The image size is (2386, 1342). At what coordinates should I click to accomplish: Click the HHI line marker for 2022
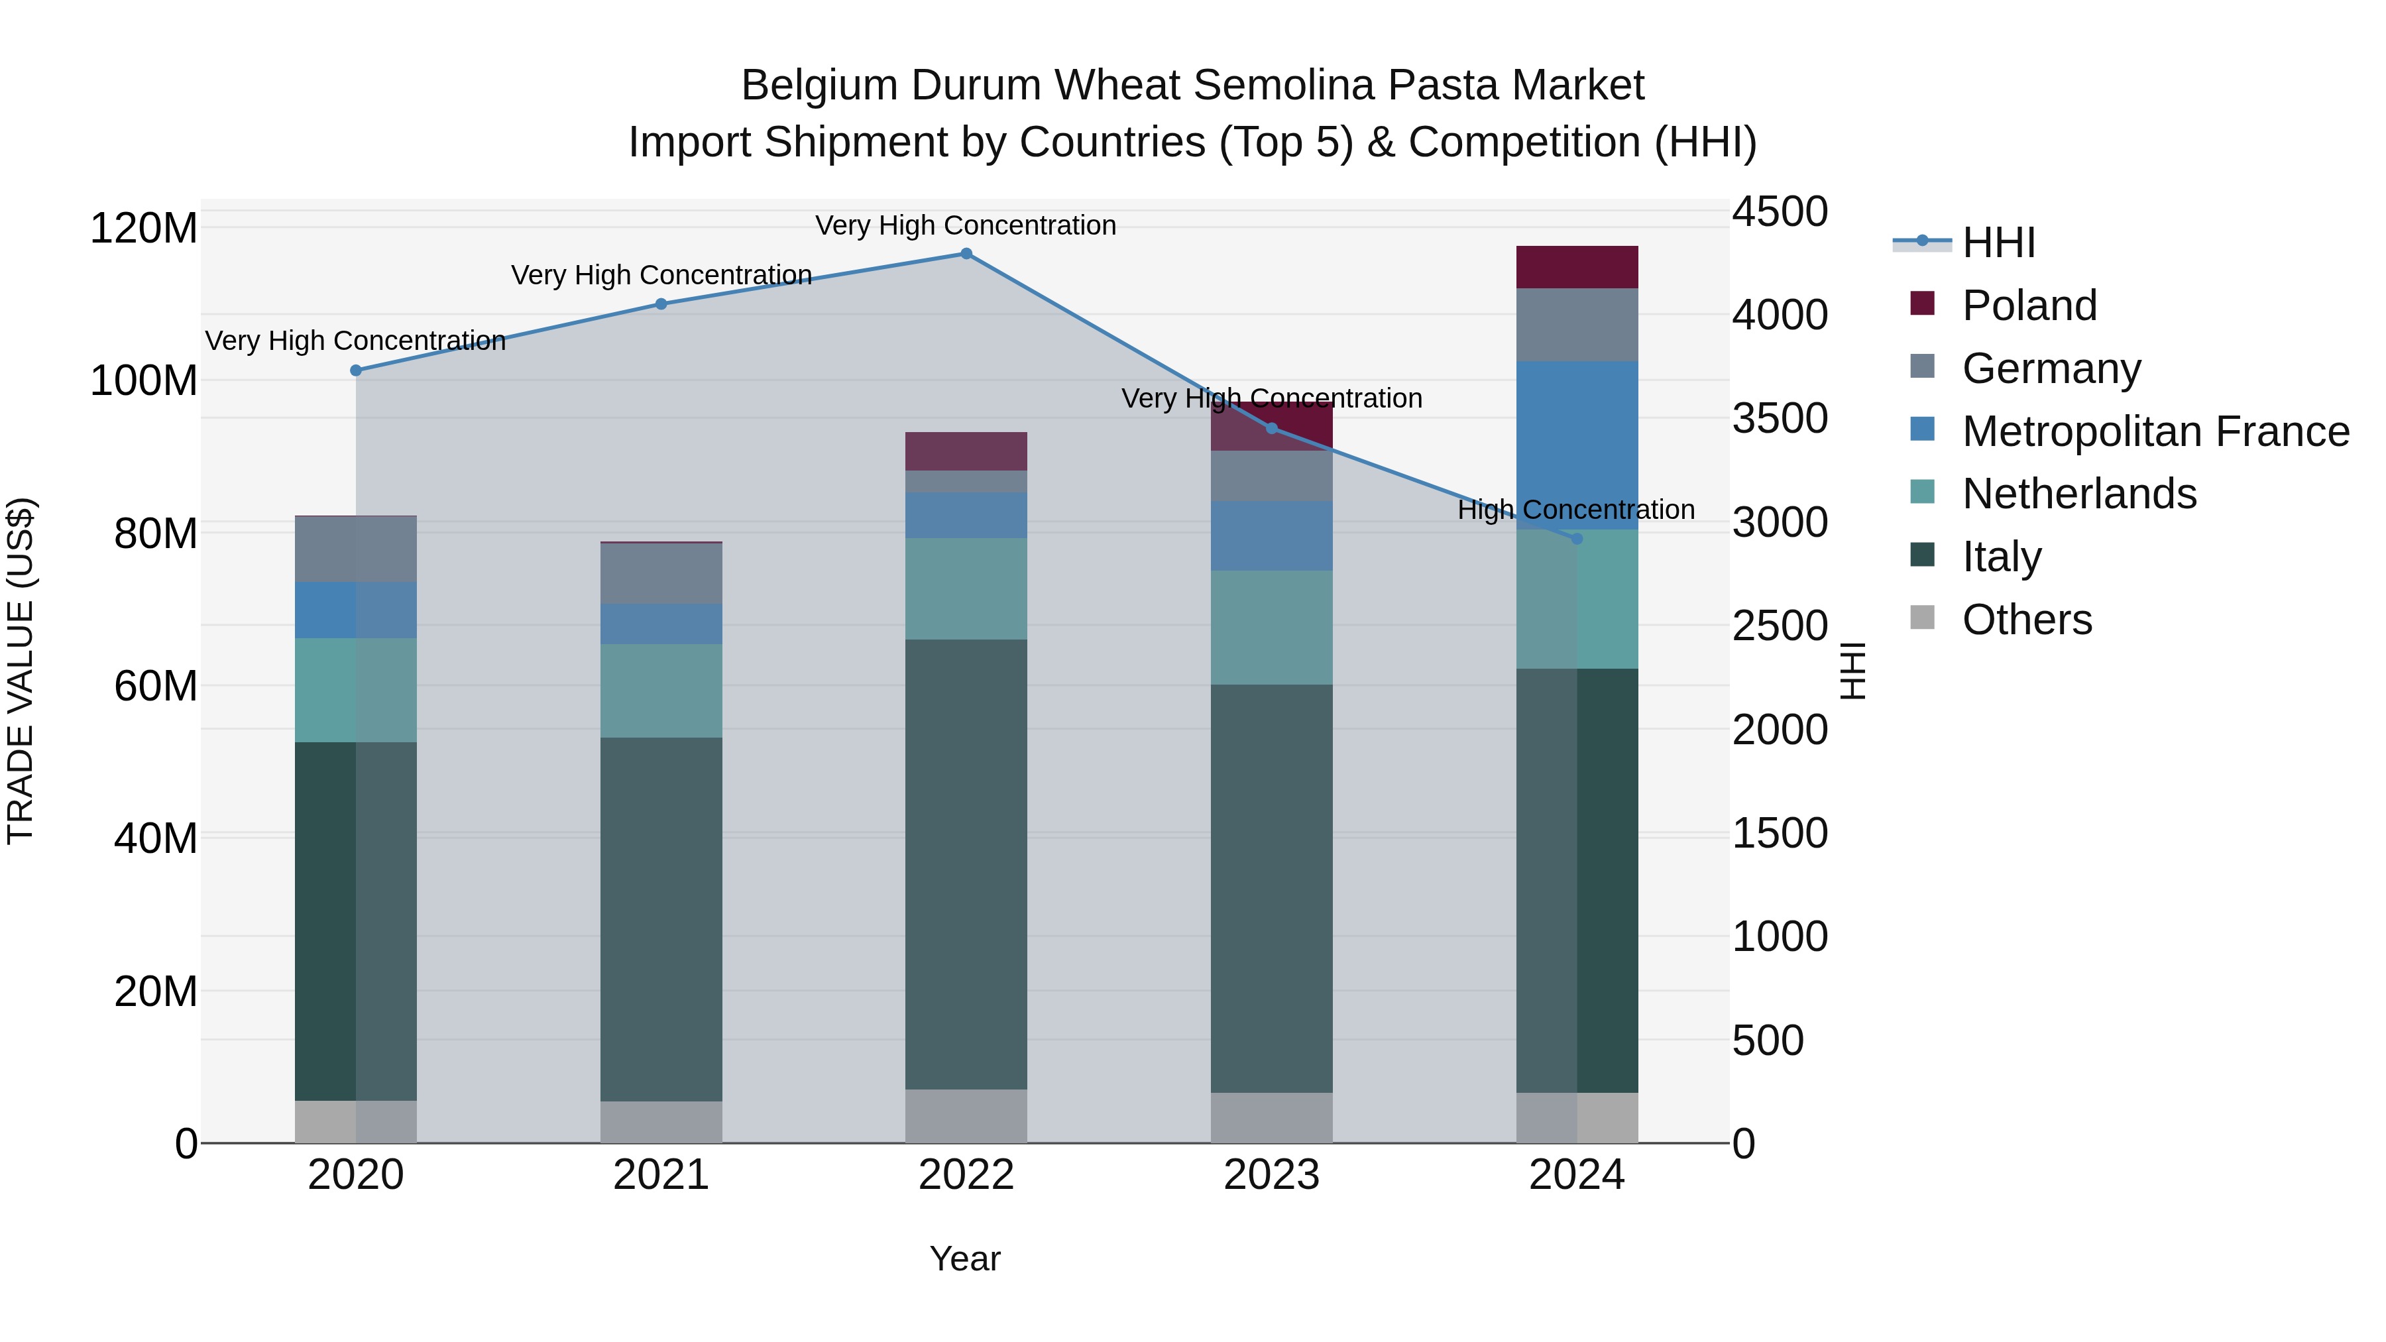point(966,254)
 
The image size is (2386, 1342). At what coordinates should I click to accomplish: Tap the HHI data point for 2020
point(356,370)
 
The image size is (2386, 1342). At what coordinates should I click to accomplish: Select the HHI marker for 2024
point(1577,539)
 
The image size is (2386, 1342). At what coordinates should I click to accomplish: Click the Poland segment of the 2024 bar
point(1577,268)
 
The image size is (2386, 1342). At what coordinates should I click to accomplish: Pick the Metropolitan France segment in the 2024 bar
point(1577,445)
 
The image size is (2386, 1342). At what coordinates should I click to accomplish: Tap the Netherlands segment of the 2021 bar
point(661,691)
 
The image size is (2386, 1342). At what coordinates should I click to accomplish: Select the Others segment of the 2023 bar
point(1272,1118)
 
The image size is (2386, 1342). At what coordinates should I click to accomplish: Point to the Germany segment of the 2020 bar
point(356,549)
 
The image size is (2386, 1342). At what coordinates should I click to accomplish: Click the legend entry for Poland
point(2029,306)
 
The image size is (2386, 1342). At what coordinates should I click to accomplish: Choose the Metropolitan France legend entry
point(2155,431)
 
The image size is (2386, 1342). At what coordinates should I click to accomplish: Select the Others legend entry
point(2027,620)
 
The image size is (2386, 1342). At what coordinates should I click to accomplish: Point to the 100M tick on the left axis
point(144,380)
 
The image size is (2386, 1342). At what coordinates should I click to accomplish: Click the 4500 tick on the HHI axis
point(1780,212)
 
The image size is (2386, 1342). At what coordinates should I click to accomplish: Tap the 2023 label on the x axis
point(1272,1175)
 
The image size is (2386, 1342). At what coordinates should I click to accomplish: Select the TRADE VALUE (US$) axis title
point(21,671)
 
